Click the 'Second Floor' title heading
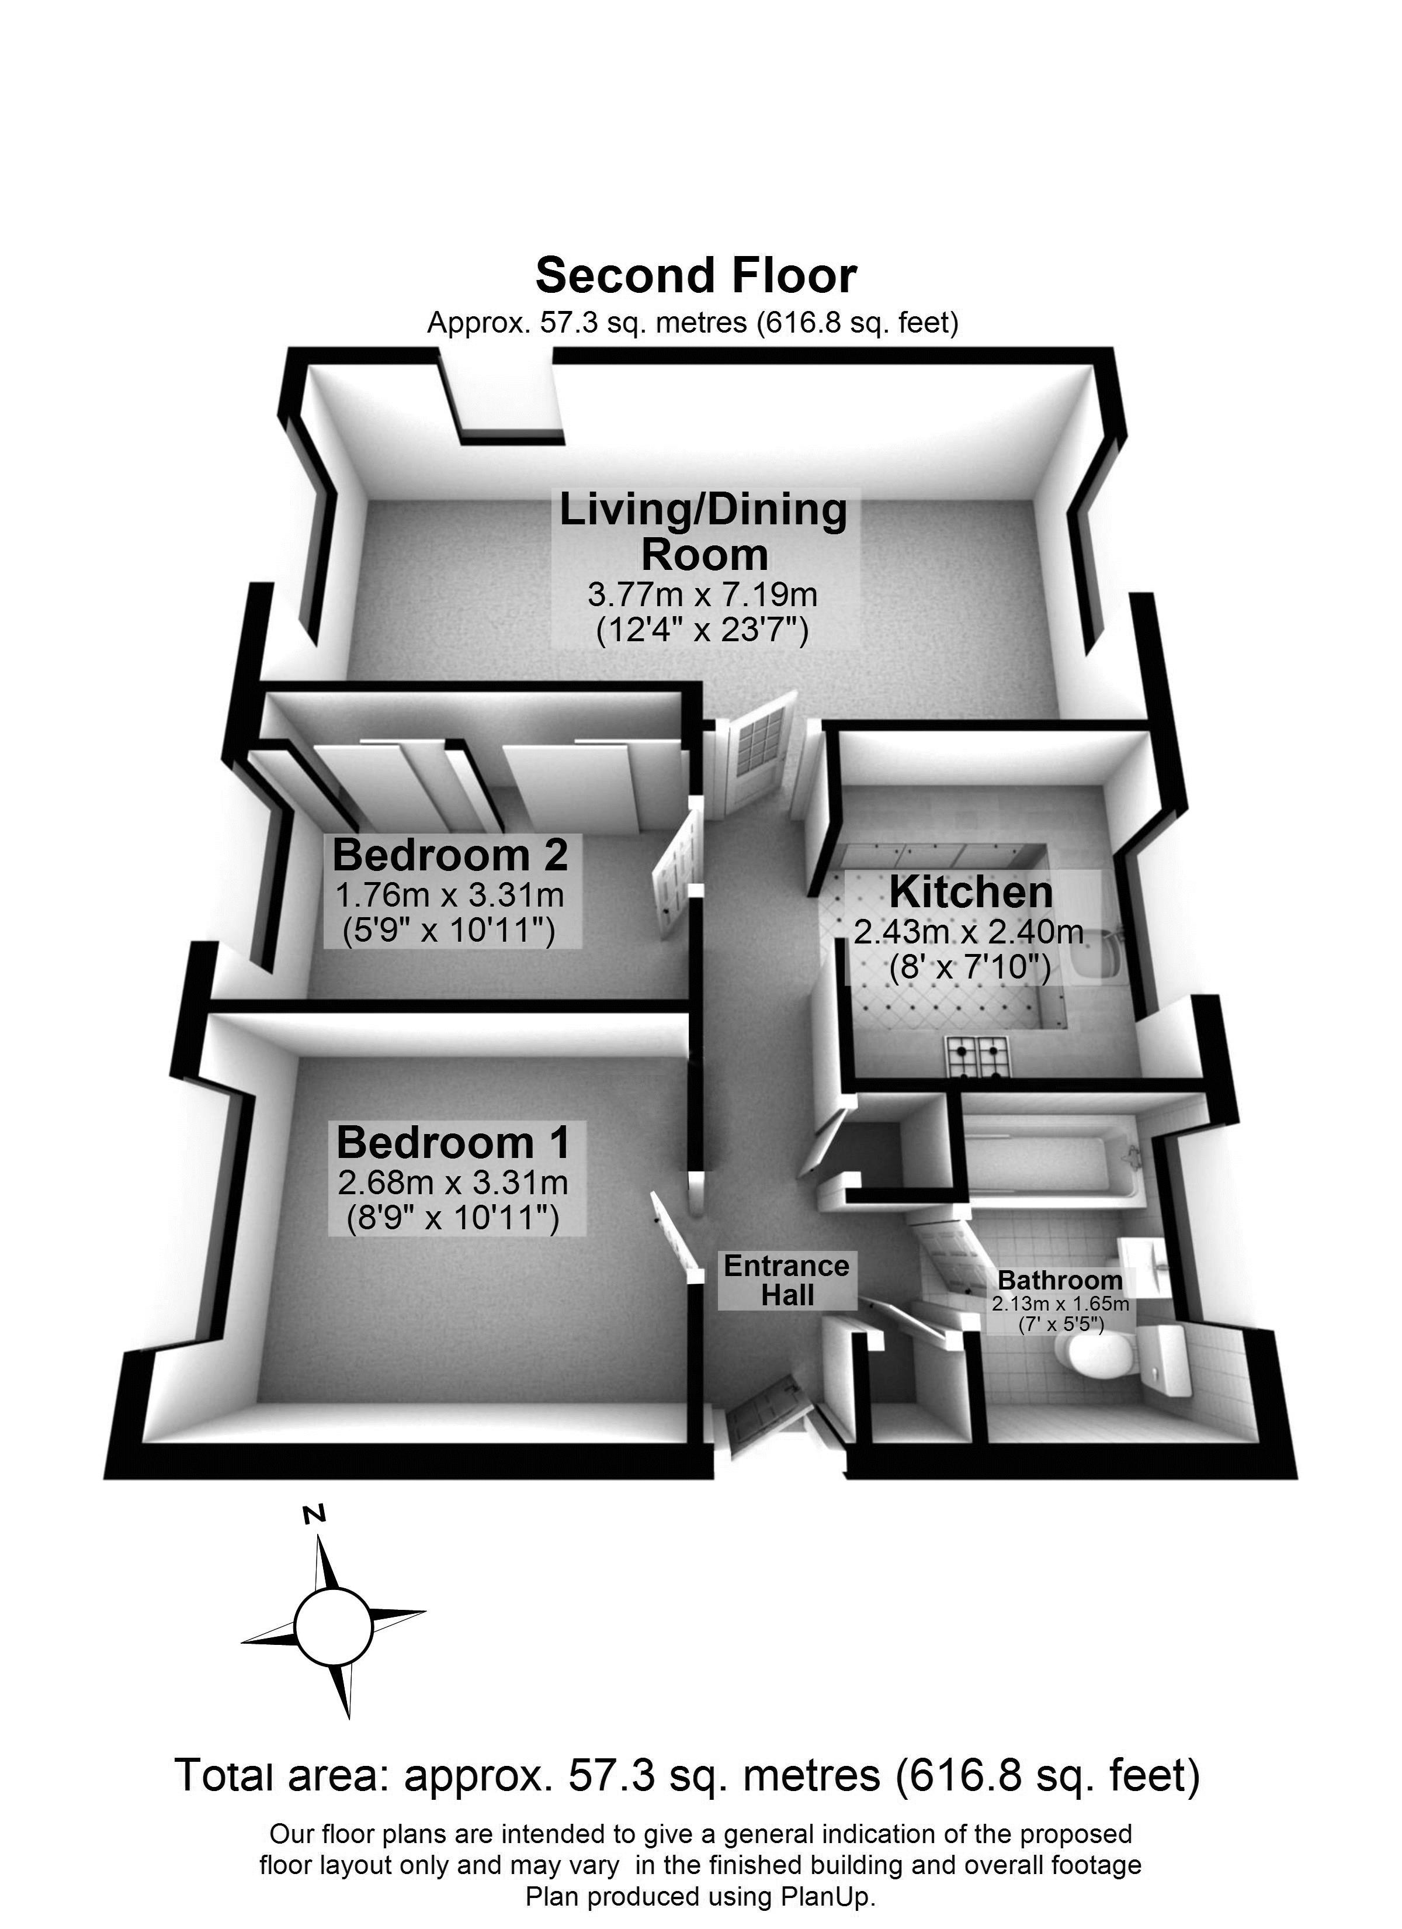point(696,275)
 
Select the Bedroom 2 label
point(450,855)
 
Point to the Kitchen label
point(971,892)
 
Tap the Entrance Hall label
point(786,1280)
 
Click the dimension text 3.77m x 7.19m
point(702,594)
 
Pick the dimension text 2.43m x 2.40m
point(969,933)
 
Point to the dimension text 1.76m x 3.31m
point(450,895)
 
